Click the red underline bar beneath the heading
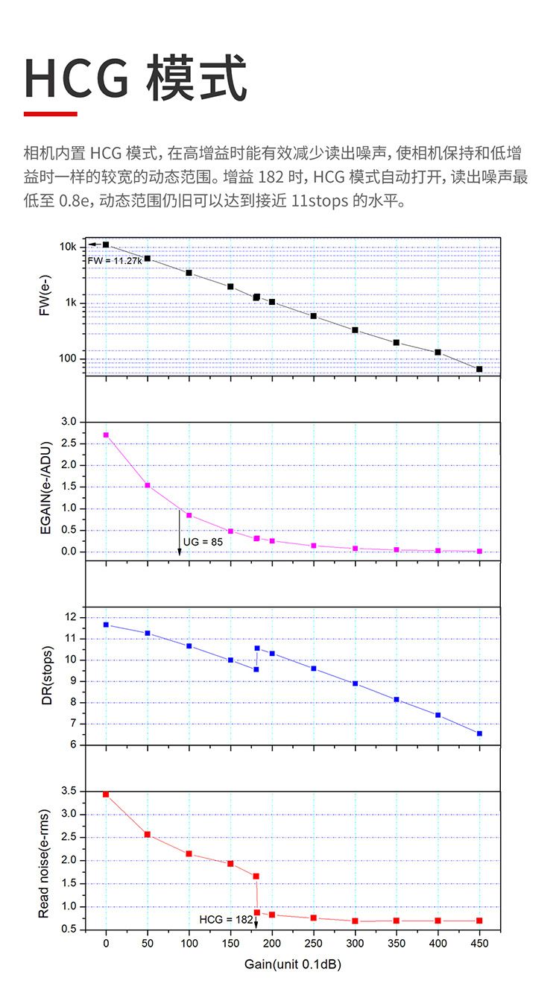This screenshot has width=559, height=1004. click(51, 114)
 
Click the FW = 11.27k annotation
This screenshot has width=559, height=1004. click(114, 260)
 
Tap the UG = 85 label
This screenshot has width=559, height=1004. click(203, 541)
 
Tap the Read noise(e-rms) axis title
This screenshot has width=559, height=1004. click(45, 863)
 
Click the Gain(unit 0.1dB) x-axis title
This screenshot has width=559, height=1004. click(293, 964)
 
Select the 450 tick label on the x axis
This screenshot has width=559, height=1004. click(479, 944)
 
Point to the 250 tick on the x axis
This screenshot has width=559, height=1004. click(313, 944)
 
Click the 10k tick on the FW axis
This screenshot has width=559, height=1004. click(68, 247)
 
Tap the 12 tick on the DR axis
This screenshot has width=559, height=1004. click(72, 617)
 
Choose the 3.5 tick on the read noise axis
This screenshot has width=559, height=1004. click(69, 791)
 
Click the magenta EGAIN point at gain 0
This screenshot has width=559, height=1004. click(106, 435)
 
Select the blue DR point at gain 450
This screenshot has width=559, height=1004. click(479, 733)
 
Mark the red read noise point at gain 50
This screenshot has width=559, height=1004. click(148, 834)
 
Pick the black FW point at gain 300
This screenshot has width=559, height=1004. click(355, 329)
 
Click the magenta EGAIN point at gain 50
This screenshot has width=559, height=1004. click(148, 485)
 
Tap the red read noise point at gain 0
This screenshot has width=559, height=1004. click(106, 795)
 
